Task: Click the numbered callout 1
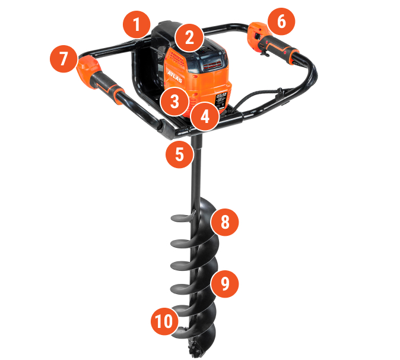pos(136,25)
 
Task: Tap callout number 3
pos(174,100)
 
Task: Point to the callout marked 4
pos(204,116)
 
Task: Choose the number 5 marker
pos(180,154)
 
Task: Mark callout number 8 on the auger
pos(224,222)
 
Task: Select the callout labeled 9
pos(224,283)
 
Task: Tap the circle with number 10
pos(164,321)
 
